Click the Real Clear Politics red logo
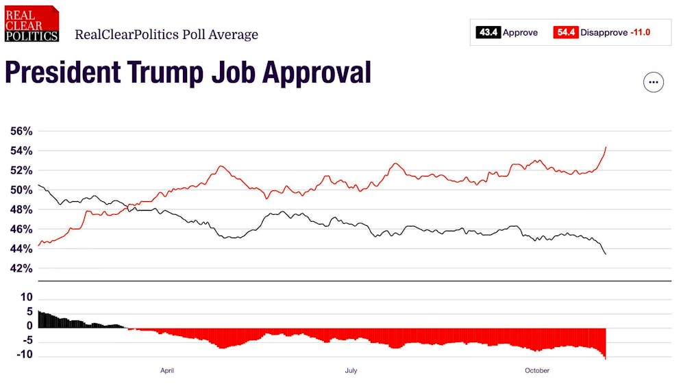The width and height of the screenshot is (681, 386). pyautogui.click(x=32, y=24)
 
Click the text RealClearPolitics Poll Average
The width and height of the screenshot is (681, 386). pyautogui.click(x=166, y=34)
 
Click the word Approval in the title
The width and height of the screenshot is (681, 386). pyautogui.click(x=317, y=73)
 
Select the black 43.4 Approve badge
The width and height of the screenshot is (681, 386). pyautogui.click(x=488, y=32)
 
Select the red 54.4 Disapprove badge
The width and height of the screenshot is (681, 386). pyautogui.click(x=566, y=32)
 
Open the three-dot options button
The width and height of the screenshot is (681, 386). pyautogui.click(x=653, y=82)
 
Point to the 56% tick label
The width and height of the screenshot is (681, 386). pyautogui.click(x=21, y=131)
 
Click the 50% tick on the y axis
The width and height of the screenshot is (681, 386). pyautogui.click(x=21, y=190)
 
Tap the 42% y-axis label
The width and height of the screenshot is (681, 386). pyautogui.click(x=21, y=268)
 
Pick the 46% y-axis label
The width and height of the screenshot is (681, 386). pyautogui.click(x=21, y=229)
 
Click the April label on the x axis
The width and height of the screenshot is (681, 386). pyautogui.click(x=167, y=371)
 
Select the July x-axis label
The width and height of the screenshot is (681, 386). pyautogui.click(x=351, y=371)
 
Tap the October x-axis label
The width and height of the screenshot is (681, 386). pyautogui.click(x=537, y=371)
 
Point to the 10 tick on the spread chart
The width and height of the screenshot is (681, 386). pyautogui.click(x=27, y=297)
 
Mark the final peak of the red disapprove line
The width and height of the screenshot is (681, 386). pyautogui.click(x=606, y=147)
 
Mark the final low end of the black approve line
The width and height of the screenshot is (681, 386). pyautogui.click(x=606, y=254)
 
